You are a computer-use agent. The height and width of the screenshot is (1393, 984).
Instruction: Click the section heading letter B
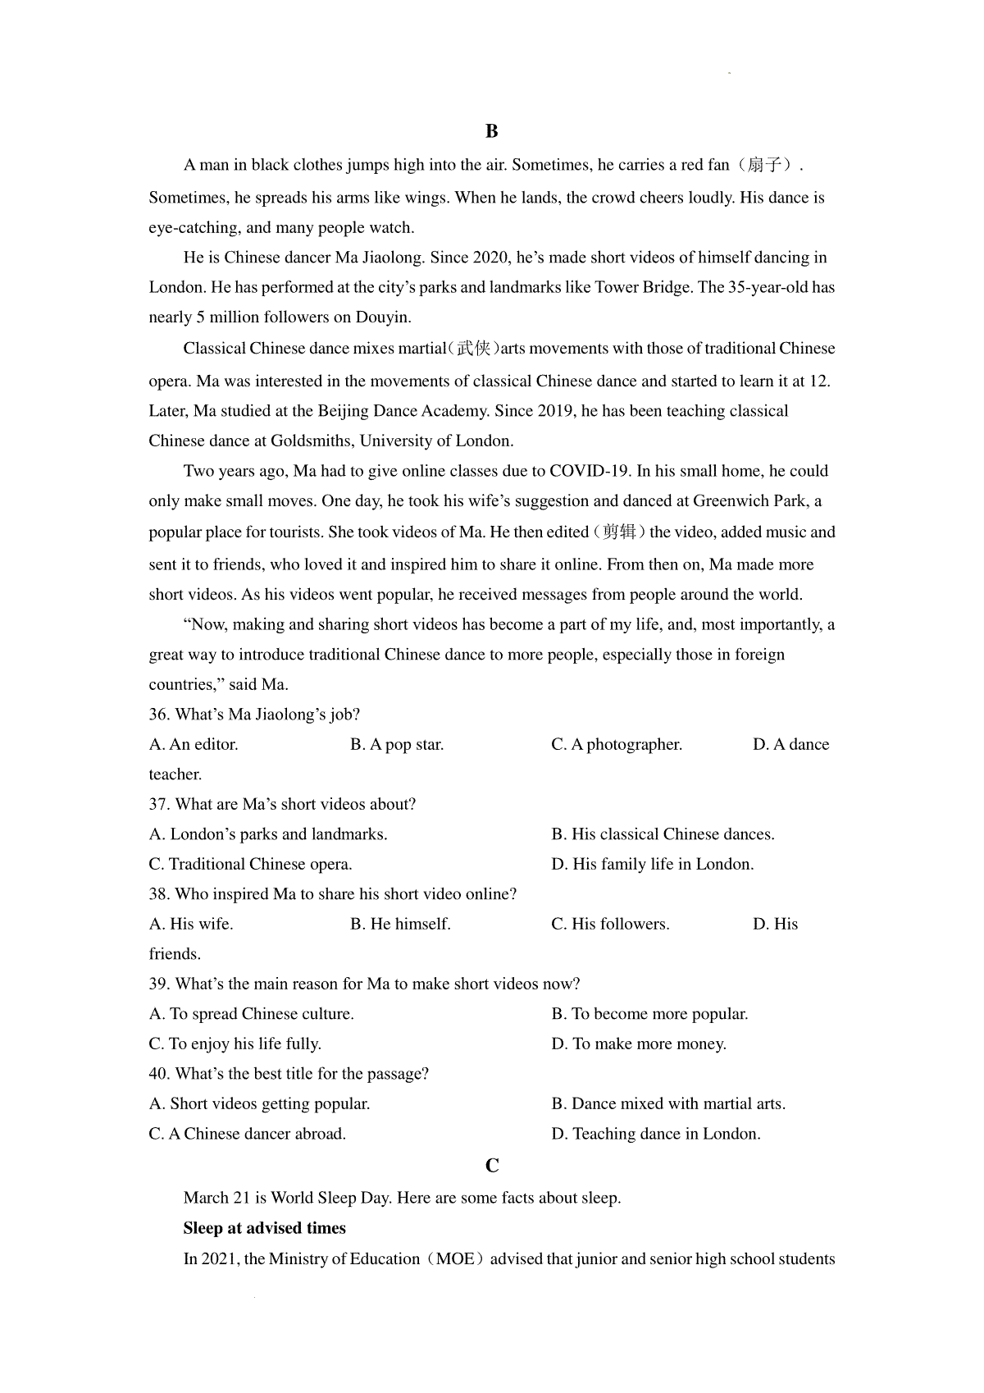[x=491, y=131]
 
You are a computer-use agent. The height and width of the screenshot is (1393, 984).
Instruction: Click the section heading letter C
[x=492, y=1166]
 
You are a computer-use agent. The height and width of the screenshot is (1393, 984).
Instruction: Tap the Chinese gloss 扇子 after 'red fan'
[x=764, y=165]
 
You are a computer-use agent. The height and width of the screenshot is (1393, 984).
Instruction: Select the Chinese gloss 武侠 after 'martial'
[x=473, y=349]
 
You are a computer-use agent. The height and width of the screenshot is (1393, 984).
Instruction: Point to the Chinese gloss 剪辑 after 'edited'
[x=619, y=532]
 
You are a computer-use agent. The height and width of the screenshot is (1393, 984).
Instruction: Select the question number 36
[x=159, y=715]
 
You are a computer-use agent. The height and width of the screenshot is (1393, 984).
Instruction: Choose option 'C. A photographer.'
[x=617, y=745]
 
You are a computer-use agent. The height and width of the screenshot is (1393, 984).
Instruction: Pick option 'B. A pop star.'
[x=397, y=745]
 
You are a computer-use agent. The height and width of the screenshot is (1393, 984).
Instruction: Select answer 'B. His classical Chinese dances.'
[x=663, y=834]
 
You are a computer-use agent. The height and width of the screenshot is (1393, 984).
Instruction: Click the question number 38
[x=159, y=894]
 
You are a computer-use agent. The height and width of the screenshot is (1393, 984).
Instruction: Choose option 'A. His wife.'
[x=191, y=925]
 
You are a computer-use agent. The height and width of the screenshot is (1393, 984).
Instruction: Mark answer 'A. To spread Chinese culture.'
[x=252, y=1014]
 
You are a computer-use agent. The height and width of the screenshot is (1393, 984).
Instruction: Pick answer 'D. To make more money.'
[x=639, y=1044]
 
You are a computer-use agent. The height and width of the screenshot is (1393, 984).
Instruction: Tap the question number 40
[x=159, y=1074]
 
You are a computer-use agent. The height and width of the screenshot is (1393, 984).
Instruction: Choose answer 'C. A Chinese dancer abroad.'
[x=248, y=1134]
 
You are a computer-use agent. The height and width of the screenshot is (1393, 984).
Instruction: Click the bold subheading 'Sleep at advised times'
[x=264, y=1228]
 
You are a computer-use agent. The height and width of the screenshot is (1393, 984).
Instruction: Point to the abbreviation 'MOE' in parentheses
[x=454, y=1259]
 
